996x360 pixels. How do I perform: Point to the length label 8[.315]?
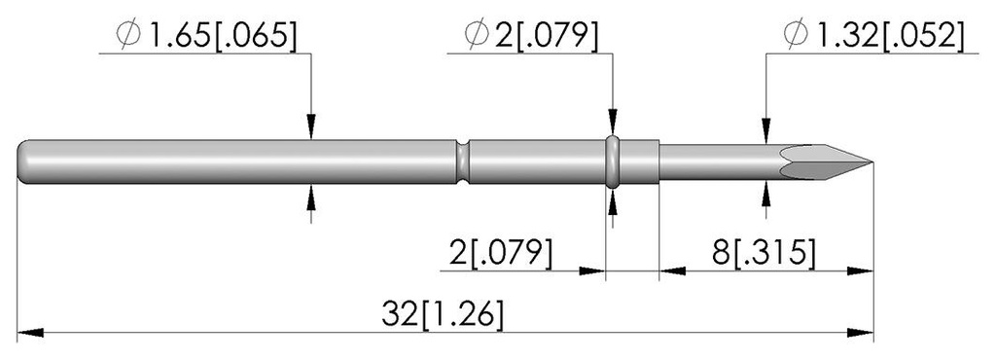[764, 253]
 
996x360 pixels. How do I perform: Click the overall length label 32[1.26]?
[444, 314]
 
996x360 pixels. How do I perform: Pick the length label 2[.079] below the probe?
[500, 253]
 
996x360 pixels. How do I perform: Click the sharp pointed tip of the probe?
[871, 162]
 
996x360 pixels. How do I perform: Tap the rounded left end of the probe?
[21, 162]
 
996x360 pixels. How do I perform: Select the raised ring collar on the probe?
[612, 162]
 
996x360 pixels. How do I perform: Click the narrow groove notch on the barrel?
[464, 162]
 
